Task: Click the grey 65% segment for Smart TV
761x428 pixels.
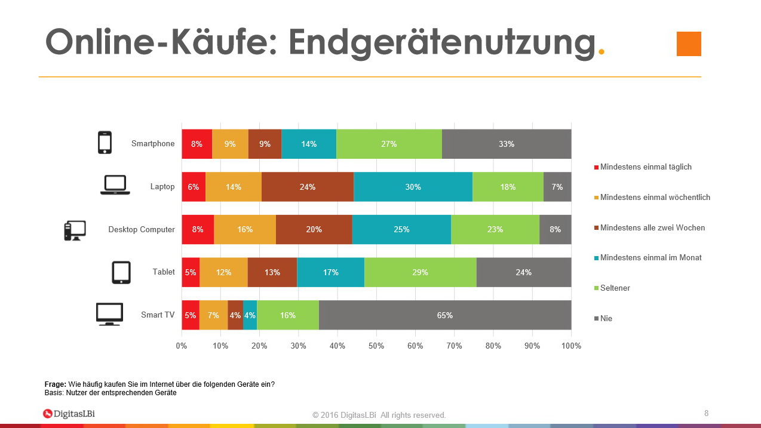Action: tap(445, 315)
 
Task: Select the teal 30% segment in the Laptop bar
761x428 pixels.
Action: tap(413, 187)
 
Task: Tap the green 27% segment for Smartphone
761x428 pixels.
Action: tap(389, 144)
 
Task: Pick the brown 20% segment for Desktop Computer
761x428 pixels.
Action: tap(314, 229)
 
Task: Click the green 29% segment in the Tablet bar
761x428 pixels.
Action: tap(420, 272)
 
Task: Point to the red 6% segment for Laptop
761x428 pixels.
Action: tap(194, 187)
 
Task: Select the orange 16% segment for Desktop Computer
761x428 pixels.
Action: tap(245, 229)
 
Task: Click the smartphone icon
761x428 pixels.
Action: tap(105, 143)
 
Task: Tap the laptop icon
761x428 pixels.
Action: tap(115, 186)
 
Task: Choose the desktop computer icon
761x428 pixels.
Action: tap(75, 230)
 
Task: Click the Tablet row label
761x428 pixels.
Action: tap(164, 272)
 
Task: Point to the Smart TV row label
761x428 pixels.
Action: tap(158, 315)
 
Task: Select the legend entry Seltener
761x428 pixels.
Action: tap(615, 288)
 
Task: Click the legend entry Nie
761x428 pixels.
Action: tap(606, 319)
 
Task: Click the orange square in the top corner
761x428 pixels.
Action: tap(689, 44)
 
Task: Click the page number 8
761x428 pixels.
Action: tap(707, 413)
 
